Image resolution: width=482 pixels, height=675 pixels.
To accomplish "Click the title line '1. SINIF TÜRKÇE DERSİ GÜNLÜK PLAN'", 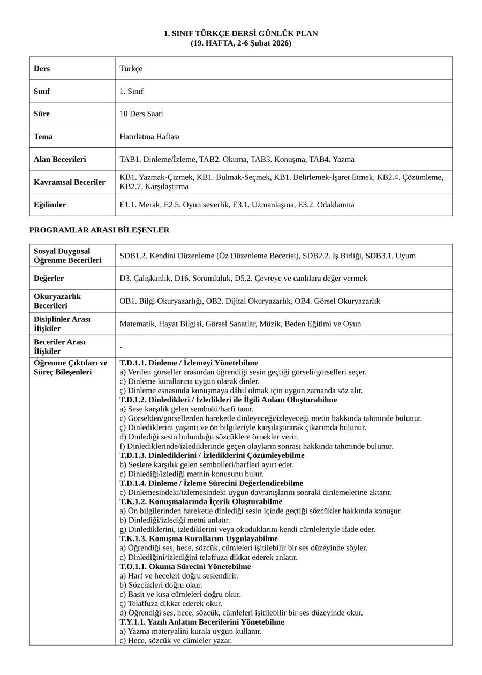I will [x=240, y=34].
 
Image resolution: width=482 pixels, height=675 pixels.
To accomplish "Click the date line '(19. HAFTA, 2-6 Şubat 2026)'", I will [x=240, y=43].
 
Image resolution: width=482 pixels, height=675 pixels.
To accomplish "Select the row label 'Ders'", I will [x=42, y=69].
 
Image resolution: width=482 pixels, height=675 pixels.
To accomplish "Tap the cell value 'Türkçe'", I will [x=131, y=69].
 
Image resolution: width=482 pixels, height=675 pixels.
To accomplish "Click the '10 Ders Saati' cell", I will [x=141, y=114].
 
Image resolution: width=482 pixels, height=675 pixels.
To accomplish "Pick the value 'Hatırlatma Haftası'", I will [x=149, y=137].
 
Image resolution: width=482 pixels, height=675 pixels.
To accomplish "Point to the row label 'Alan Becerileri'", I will [x=59, y=160].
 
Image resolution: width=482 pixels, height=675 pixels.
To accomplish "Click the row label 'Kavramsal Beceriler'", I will [x=69, y=182].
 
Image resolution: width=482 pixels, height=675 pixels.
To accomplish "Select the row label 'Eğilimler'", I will [x=50, y=205].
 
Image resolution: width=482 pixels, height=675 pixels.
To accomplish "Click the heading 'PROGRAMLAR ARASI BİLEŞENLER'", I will [x=99, y=230].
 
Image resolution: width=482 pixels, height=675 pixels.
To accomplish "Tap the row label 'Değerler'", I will [x=49, y=279].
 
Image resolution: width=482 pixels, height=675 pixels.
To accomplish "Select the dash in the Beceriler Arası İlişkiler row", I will [x=121, y=347].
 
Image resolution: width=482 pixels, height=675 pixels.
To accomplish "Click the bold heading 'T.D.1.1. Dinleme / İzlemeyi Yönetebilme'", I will [x=189, y=363].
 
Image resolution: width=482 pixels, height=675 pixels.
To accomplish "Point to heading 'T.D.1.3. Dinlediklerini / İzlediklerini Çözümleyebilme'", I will [x=212, y=455].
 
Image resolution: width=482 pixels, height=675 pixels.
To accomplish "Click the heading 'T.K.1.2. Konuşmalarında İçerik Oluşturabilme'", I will [x=201, y=502].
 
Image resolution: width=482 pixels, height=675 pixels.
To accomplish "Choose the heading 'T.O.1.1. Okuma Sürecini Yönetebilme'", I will [x=185, y=567].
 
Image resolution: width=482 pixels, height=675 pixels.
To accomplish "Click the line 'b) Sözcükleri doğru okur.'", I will [x=161, y=585].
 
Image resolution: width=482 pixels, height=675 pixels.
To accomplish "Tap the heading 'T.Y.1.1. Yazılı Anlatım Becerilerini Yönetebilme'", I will [x=202, y=622].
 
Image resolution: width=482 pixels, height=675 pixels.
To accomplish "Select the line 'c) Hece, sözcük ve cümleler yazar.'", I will [x=176, y=641].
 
